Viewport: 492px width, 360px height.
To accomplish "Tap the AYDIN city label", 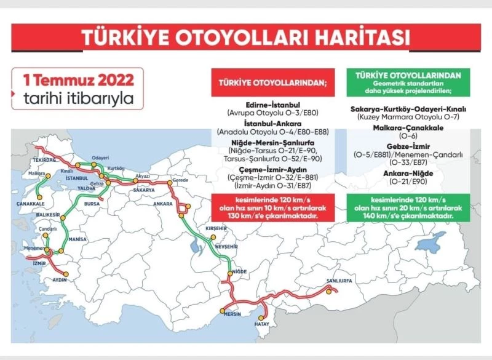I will tap(60, 279).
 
